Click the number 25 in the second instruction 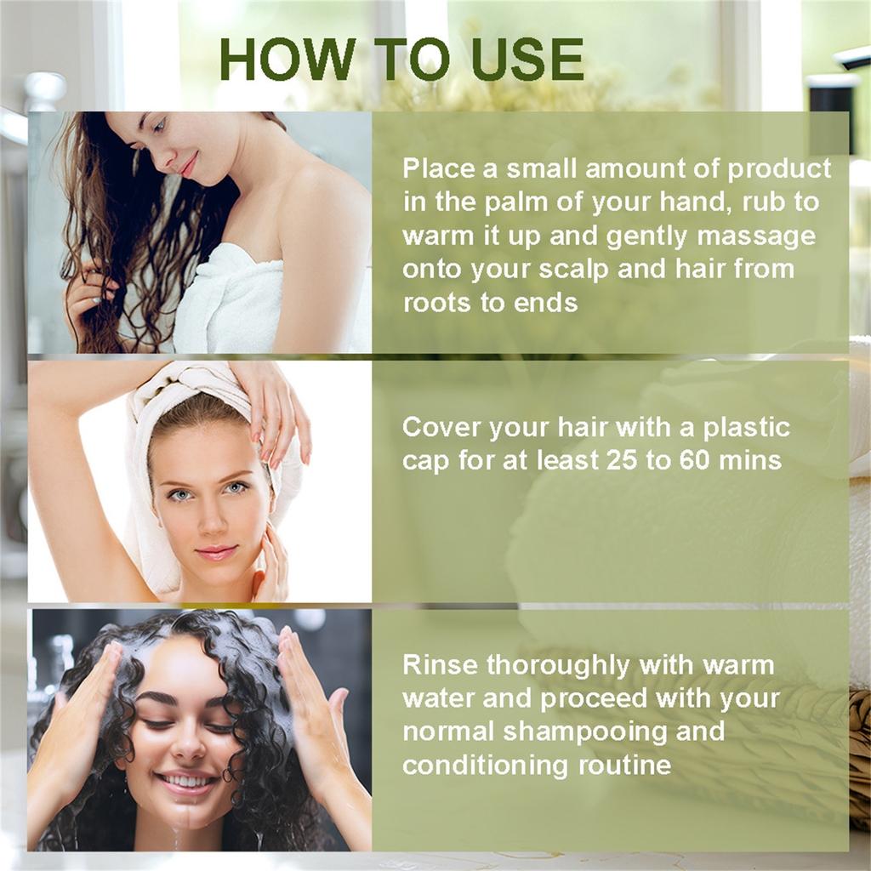point(623,460)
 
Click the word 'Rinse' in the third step point(440,664)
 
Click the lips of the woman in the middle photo point(216,552)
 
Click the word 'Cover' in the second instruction point(440,426)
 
